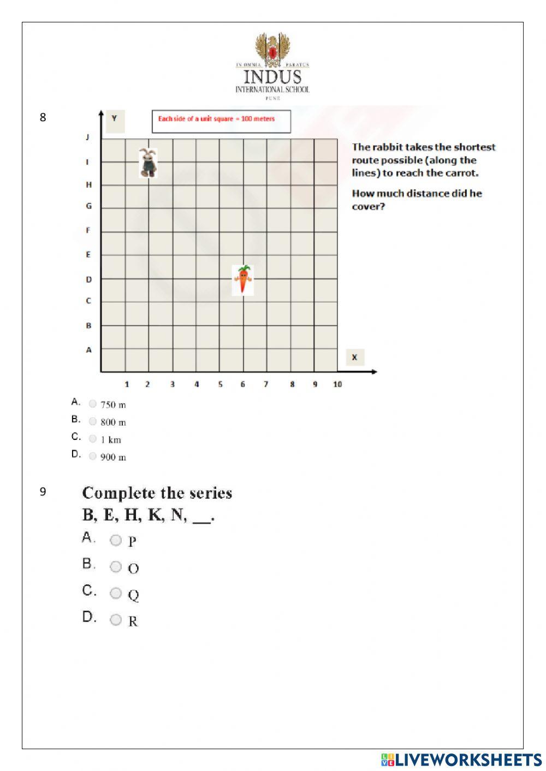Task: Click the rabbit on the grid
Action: pos(147,163)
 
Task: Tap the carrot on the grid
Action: pos(243,280)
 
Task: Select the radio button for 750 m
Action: pos(93,404)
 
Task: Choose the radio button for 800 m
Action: pos(93,421)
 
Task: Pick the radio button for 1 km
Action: pos(93,439)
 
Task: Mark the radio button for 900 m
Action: pos(93,456)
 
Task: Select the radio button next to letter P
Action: pos(116,540)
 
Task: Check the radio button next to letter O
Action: pos(116,567)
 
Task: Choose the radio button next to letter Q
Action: pos(116,593)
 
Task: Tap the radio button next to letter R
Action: pos(116,620)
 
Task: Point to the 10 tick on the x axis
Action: pos(337,384)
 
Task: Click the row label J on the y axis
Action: pos(87,137)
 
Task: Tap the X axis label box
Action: pos(355,357)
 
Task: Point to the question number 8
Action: pos(43,117)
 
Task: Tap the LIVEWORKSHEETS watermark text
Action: pos(467,760)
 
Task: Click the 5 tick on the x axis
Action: pos(221,384)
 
